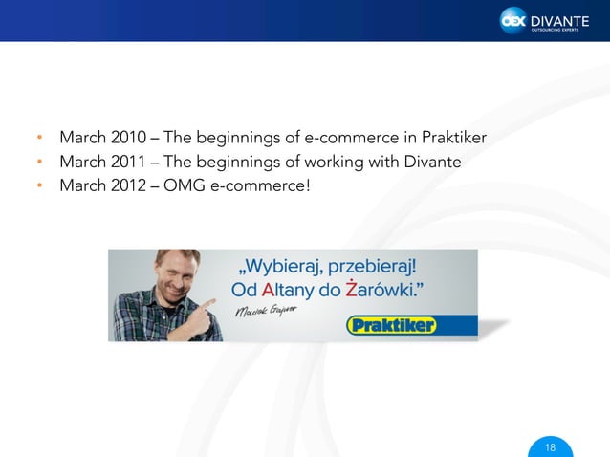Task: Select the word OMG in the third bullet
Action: point(185,185)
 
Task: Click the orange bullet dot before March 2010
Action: point(40,140)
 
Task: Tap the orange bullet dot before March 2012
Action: point(40,185)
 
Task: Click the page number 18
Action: point(550,448)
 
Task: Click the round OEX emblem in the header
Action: point(514,20)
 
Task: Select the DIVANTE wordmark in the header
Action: point(561,17)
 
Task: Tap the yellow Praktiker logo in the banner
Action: point(391,326)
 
